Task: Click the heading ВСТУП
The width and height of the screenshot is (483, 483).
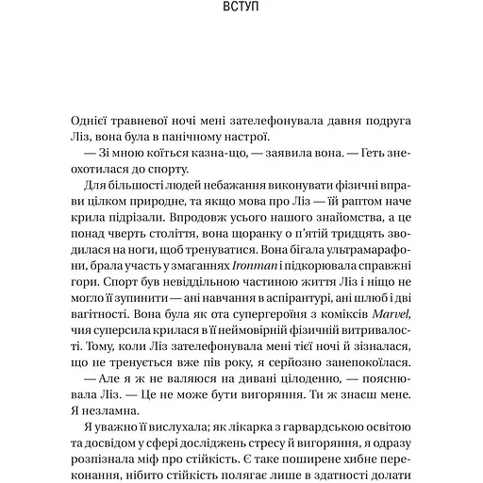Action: point(241,16)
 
